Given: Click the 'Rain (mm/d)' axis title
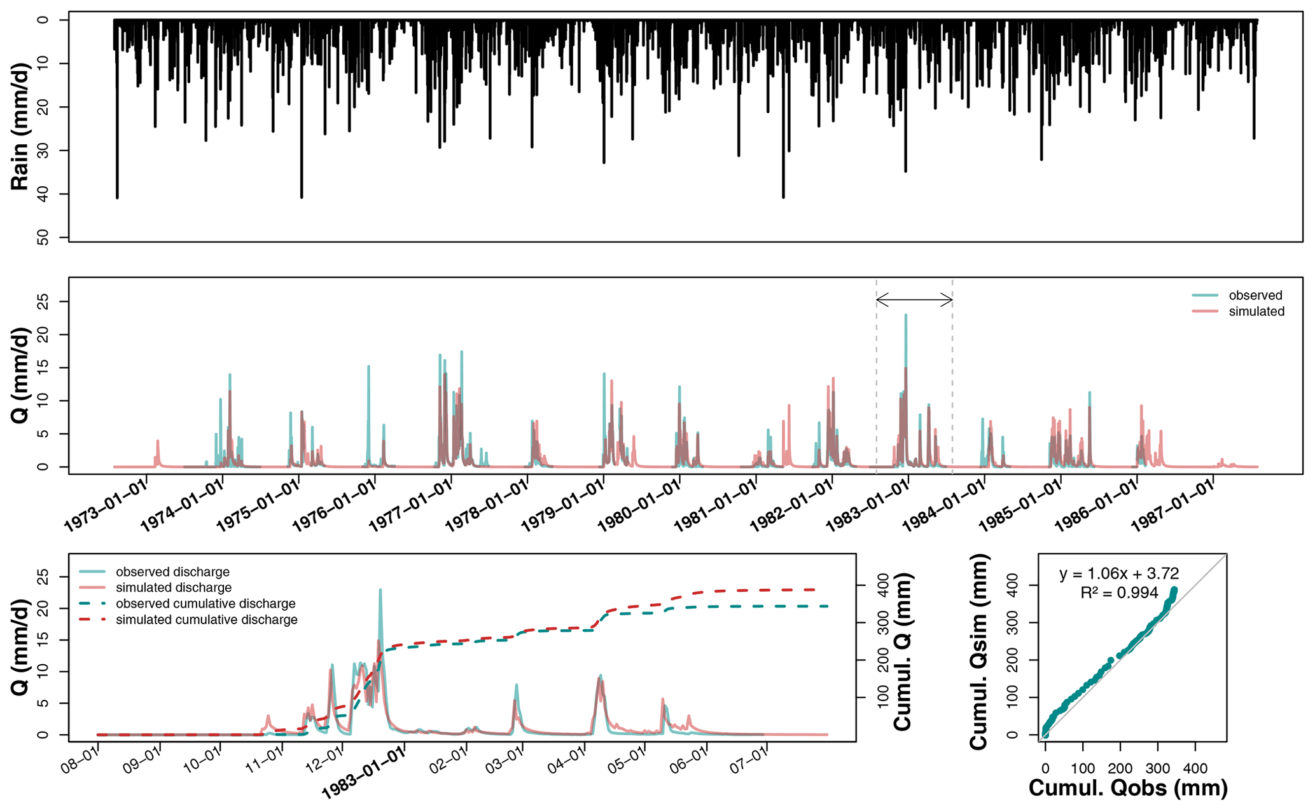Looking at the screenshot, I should pyautogui.click(x=20, y=127).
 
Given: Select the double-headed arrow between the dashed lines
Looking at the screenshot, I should pyautogui.click(x=914, y=299).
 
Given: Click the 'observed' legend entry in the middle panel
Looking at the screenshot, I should pyautogui.click(x=1255, y=296).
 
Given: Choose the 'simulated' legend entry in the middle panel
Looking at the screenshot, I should pyautogui.click(x=1256, y=311).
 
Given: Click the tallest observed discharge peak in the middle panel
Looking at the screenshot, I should pyautogui.click(x=905, y=316).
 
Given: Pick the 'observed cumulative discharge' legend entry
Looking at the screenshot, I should pyautogui.click(x=205, y=604).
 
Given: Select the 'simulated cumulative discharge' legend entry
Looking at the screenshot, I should pyautogui.click(x=206, y=620).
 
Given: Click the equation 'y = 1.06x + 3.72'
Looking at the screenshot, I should pyautogui.click(x=1119, y=574).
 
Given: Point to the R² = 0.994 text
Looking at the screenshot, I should pyautogui.click(x=1119, y=593).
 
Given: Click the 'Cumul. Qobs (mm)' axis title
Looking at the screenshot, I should pyautogui.click(x=1128, y=788).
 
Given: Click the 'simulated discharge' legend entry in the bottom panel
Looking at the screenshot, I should pyautogui.click(x=173, y=588).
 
